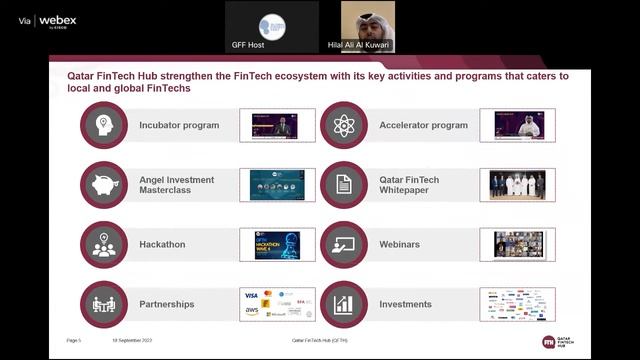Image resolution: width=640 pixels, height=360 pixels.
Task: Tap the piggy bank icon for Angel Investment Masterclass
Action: tap(104, 185)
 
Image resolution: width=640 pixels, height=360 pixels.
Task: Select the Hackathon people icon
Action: tap(104, 244)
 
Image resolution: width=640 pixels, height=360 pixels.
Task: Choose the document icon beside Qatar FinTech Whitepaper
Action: tap(343, 185)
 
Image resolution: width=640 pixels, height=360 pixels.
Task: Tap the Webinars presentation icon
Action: tap(343, 244)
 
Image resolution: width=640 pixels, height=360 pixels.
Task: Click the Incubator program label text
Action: tap(179, 126)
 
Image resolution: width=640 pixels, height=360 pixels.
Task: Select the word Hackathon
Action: tap(162, 244)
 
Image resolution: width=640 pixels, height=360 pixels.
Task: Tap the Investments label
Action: tap(406, 304)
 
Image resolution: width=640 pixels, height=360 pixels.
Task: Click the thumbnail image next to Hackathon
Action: tap(277, 245)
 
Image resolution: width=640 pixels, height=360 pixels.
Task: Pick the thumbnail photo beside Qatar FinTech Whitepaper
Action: tap(518, 185)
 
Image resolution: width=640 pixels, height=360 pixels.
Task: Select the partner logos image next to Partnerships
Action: tap(277, 304)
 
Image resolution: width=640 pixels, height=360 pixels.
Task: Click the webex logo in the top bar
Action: tap(57, 20)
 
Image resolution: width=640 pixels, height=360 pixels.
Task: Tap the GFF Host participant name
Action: tap(272, 46)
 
